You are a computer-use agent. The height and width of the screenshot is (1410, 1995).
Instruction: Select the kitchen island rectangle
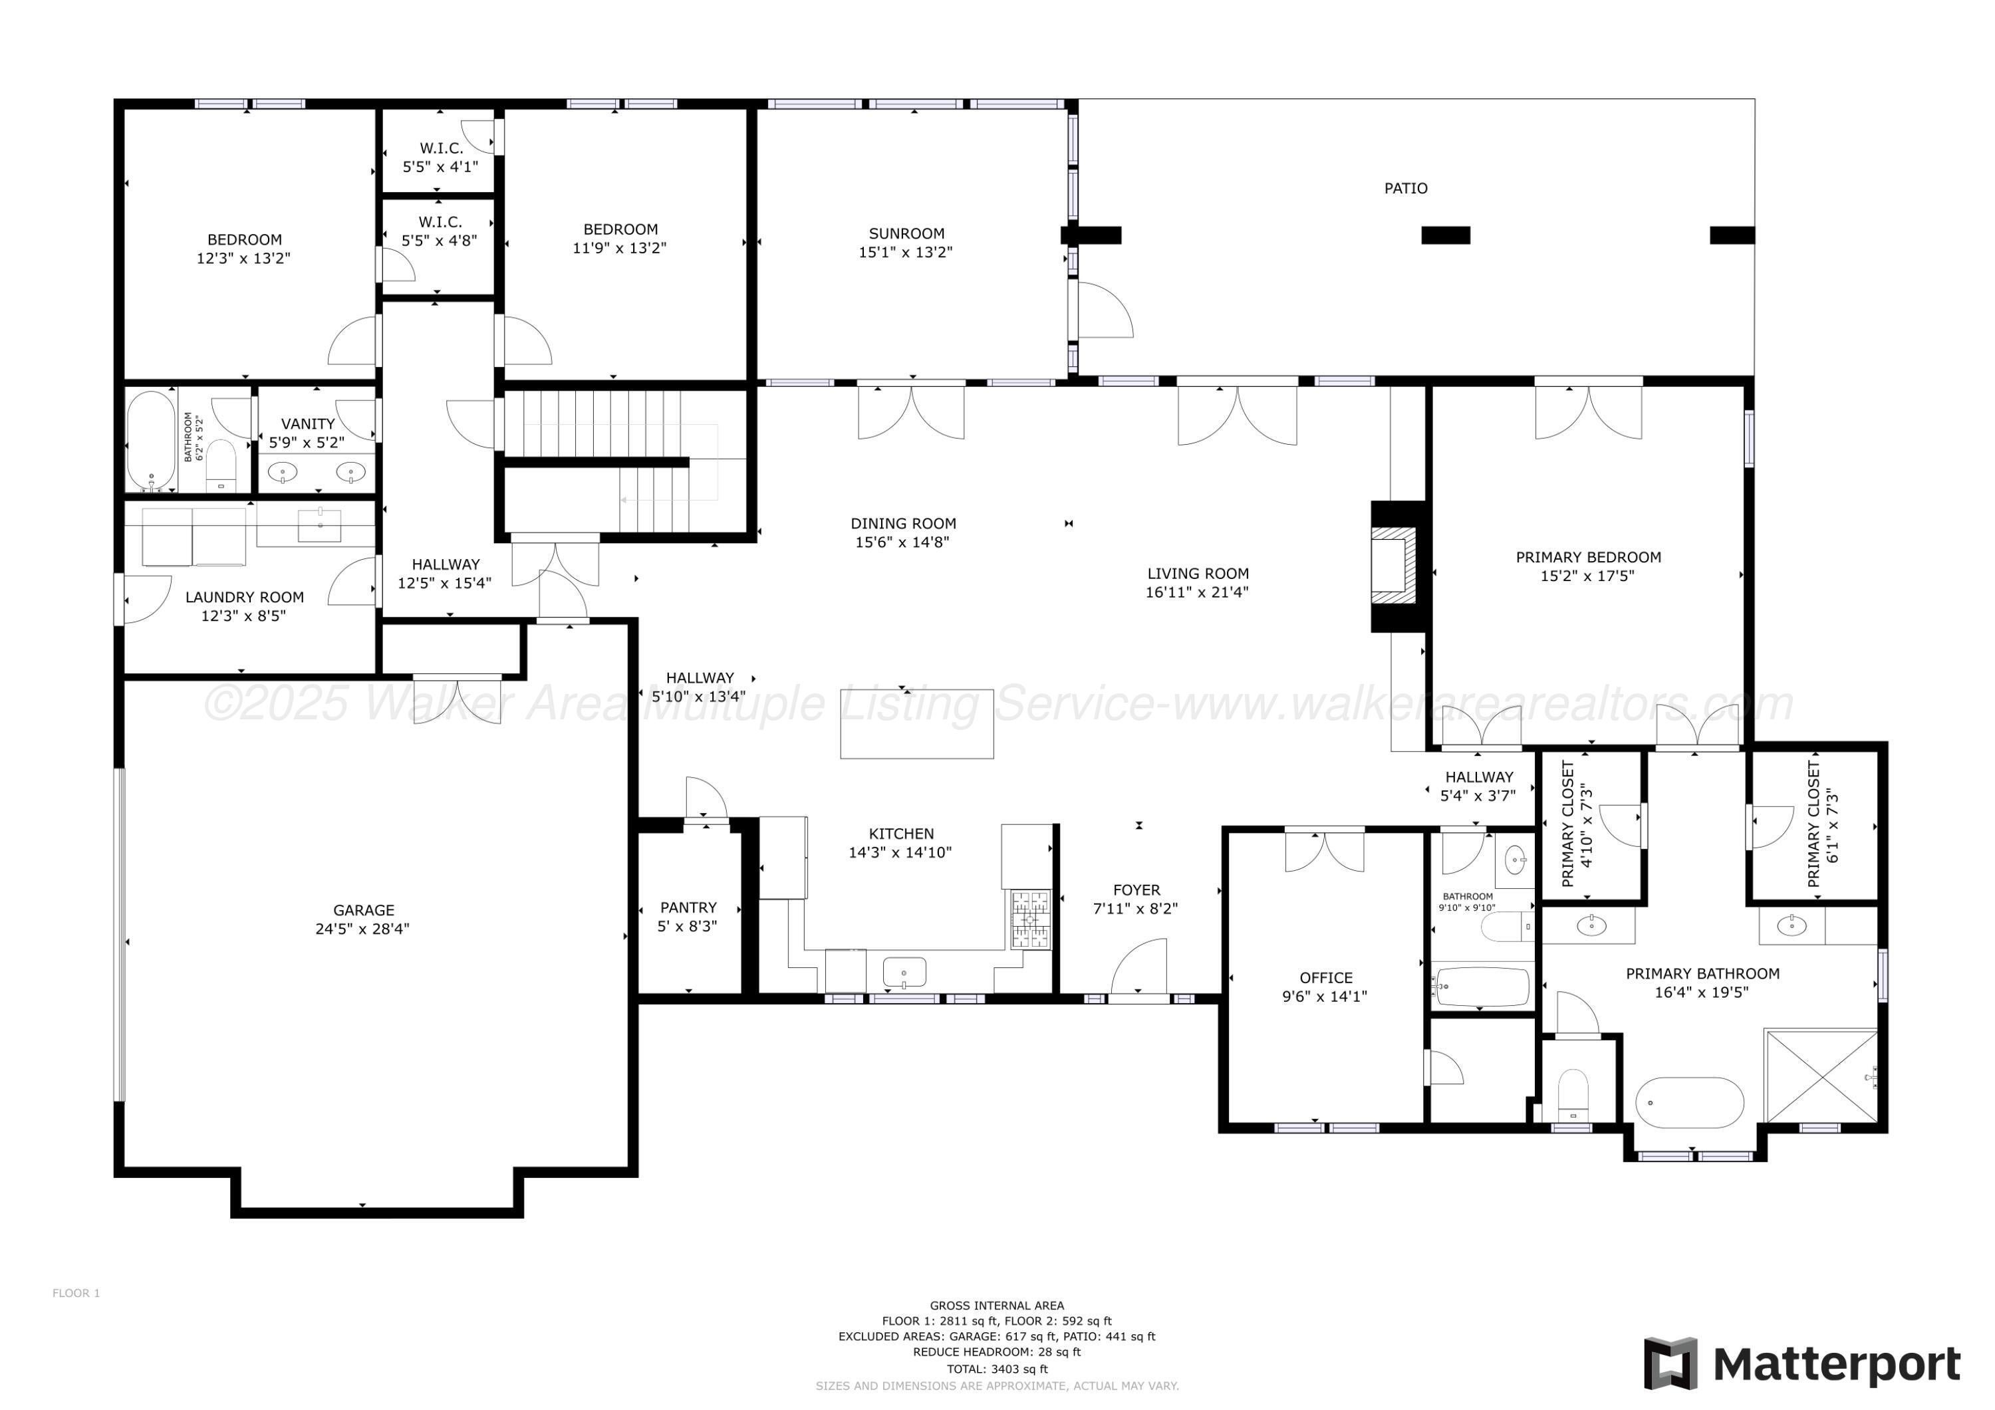[x=916, y=724]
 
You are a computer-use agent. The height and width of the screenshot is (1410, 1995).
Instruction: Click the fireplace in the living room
[x=1393, y=566]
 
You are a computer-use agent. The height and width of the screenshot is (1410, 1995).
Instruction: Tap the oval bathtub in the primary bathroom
[x=1689, y=1104]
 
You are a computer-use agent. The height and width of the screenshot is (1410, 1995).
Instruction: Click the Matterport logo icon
[x=1670, y=1364]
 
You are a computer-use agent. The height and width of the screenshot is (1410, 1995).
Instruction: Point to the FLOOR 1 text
[x=76, y=1294]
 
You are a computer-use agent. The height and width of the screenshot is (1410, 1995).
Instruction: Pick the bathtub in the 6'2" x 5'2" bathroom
[x=151, y=441]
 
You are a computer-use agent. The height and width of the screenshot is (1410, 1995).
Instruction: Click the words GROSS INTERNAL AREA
[x=997, y=1306]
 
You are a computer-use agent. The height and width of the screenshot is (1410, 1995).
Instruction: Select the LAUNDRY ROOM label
[x=244, y=598]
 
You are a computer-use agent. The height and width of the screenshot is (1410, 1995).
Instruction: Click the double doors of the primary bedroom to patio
[x=1589, y=411]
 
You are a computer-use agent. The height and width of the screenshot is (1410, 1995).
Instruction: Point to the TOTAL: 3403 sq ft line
[x=997, y=1369]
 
